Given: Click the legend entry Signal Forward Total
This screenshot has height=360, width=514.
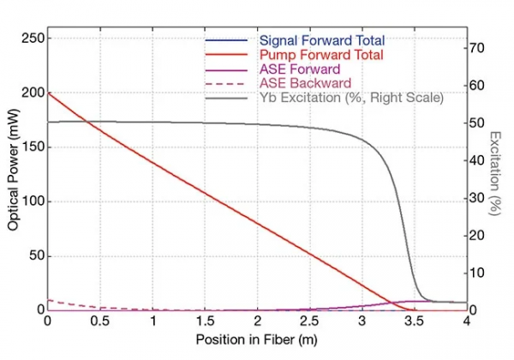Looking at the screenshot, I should click(321, 40).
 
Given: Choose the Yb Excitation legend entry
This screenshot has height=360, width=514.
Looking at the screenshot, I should click(350, 98).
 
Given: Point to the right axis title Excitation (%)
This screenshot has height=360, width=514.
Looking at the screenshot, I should click(496, 172).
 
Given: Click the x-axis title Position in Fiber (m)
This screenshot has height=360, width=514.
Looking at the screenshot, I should click(256, 340).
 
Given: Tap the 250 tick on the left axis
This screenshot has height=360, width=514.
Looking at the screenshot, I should click(31, 39).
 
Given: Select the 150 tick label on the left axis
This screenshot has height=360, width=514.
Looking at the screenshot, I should click(31, 147).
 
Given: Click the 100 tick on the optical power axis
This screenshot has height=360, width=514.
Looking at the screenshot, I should click(31, 201).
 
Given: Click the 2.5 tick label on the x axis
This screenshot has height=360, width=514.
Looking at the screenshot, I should click(309, 321).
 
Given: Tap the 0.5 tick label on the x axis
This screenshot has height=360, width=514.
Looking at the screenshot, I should click(99, 321).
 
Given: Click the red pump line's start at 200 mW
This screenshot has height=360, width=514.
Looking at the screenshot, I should click(48, 93).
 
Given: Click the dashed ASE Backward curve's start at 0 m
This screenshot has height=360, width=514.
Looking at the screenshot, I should click(48, 300).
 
